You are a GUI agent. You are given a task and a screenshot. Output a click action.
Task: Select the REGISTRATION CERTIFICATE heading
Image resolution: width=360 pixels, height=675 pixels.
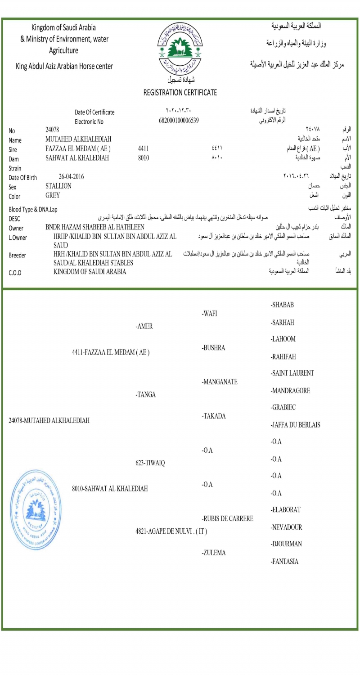click(180, 92)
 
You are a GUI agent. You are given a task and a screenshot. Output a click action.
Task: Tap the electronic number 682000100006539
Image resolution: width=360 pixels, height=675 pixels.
click(179, 121)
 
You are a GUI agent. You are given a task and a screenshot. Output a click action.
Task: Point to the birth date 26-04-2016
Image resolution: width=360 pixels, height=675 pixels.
click(71, 176)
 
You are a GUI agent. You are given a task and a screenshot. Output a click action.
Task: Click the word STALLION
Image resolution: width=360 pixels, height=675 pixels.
click(58, 186)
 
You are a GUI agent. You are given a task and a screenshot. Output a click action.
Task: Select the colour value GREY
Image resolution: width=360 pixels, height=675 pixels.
click(53, 195)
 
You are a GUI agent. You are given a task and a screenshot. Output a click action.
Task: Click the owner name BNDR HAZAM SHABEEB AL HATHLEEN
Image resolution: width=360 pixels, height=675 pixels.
click(95, 227)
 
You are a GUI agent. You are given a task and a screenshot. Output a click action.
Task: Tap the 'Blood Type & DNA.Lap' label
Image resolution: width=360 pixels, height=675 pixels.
click(33, 209)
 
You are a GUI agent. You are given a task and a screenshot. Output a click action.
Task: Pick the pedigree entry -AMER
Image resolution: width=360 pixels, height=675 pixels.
click(144, 326)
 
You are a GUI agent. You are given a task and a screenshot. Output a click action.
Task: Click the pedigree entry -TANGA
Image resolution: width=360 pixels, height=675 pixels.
click(145, 395)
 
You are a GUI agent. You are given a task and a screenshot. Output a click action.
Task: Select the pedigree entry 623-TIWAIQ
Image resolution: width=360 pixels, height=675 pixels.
click(150, 463)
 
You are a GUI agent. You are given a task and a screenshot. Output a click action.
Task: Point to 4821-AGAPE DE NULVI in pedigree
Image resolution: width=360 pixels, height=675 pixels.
click(171, 531)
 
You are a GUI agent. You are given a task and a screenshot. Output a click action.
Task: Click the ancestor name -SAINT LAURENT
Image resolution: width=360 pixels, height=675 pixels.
click(292, 373)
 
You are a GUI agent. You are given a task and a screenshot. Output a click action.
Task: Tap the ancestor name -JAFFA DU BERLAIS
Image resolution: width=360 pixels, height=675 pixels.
click(295, 424)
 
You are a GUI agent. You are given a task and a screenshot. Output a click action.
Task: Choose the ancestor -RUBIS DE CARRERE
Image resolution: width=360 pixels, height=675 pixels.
click(227, 518)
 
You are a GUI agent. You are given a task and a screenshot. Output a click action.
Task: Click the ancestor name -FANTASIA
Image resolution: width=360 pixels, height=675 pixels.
click(284, 561)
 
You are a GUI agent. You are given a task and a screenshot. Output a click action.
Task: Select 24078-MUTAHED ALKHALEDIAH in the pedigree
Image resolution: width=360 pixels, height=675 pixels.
click(49, 420)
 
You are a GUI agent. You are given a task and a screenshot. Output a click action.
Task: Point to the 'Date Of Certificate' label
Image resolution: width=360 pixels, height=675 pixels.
click(94, 112)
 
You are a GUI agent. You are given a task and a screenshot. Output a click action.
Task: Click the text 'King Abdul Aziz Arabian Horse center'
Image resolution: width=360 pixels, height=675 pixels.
click(64, 66)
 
